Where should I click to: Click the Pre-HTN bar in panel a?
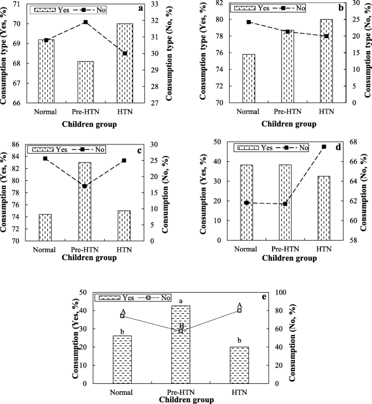(86, 81)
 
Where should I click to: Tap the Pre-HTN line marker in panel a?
(86, 22)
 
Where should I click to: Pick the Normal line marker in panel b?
(249, 22)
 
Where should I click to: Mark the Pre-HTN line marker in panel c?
(85, 186)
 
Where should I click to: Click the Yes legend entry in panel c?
(52, 149)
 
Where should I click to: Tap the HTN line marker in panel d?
(324, 147)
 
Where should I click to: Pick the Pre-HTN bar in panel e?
(181, 344)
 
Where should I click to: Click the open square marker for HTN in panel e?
(239, 311)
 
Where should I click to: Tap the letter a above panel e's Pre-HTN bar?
(181, 300)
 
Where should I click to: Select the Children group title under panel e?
(186, 399)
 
